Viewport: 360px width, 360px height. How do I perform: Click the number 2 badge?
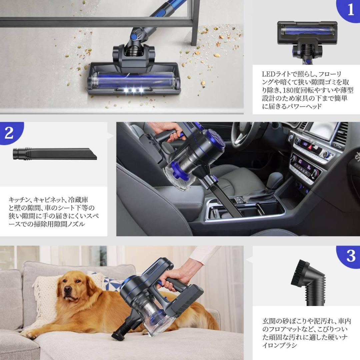click(x=9, y=133)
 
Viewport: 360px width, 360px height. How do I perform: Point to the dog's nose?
click(x=67, y=290)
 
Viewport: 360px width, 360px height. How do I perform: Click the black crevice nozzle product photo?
click(x=55, y=154)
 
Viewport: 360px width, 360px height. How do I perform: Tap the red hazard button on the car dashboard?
click(x=310, y=147)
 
